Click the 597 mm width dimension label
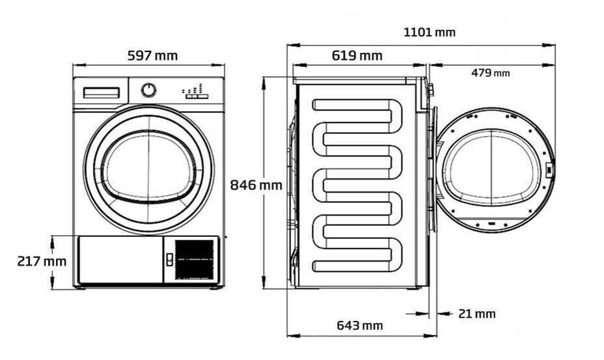click(x=152, y=55)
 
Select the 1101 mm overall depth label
click(x=429, y=32)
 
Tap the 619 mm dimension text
click(x=357, y=55)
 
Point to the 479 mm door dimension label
click(x=490, y=73)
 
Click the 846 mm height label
click(x=256, y=185)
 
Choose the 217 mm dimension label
click(x=42, y=261)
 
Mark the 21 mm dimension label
click(x=476, y=314)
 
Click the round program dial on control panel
click(x=149, y=90)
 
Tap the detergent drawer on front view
click(x=100, y=93)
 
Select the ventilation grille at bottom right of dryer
click(x=194, y=259)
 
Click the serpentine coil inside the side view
click(x=359, y=186)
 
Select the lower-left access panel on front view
click(x=120, y=260)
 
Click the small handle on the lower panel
click(x=169, y=259)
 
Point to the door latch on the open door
click(x=549, y=171)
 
